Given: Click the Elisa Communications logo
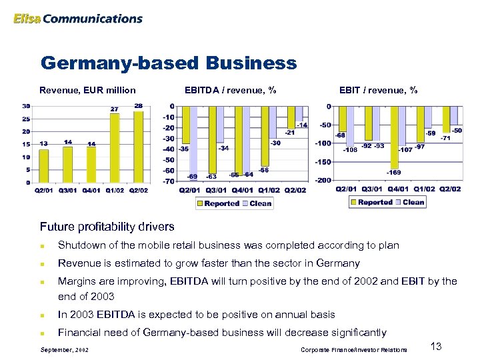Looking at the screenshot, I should pos(77,19).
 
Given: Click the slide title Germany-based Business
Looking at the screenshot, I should pos(168,63).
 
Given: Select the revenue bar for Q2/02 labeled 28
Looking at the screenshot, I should pos(138,146).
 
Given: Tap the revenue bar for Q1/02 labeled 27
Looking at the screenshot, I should pos(115,148).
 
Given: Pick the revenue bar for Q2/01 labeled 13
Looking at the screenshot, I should pos(43,165).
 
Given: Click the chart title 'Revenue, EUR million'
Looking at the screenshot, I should pos(87,90).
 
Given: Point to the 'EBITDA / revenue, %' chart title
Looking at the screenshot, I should pos(230,90).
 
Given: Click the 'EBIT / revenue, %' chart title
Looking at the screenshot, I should pos(378,90).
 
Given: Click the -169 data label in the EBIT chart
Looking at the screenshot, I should pos(393,173).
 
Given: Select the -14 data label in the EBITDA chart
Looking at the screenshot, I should pos(302,125).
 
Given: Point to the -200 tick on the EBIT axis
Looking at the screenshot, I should pos(323,180).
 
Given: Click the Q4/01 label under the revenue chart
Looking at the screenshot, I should pos(91,190).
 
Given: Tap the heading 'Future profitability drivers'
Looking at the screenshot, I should pos(107,227).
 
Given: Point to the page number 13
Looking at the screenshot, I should pos(437,346).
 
